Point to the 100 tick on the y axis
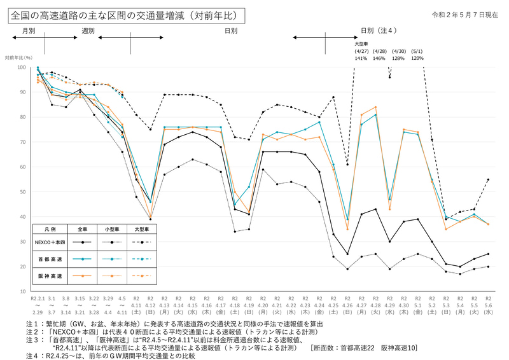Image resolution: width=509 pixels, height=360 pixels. [22, 67]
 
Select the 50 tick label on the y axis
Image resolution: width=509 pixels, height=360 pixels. [23, 192]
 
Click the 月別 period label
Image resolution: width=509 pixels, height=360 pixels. [29, 30]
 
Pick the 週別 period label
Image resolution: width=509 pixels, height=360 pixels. [88, 30]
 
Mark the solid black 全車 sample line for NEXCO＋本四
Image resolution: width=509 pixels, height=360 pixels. [82, 242]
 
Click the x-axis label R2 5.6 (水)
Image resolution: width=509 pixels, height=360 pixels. [488, 306]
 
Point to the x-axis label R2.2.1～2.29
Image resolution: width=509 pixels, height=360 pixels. [38, 306]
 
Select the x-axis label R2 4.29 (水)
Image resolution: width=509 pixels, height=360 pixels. [389, 306]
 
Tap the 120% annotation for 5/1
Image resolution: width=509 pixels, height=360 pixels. [417, 58]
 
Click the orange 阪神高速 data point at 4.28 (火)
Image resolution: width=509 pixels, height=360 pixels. [375, 107]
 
